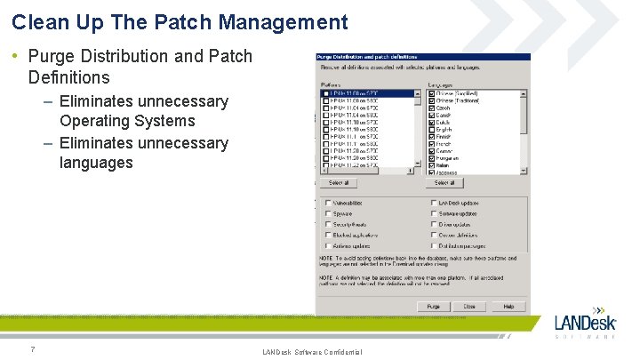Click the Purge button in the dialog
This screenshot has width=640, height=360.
point(433,306)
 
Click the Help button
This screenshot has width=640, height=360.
point(508,306)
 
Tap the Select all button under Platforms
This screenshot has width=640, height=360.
point(338,183)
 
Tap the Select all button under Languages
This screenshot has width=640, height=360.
point(444,183)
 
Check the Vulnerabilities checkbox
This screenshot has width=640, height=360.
point(328,203)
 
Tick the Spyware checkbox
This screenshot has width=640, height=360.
point(328,213)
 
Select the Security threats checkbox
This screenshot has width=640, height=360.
point(328,224)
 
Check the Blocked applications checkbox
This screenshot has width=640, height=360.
point(328,235)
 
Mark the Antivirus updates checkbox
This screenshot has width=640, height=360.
point(328,245)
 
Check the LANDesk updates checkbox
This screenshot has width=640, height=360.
point(433,203)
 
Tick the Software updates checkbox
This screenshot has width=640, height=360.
point(433,213)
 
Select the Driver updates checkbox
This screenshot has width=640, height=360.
point(433,224)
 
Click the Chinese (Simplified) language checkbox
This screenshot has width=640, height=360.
point(431,92)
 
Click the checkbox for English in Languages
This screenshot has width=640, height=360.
point(431,130)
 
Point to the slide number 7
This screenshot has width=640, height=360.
point(32,348)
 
